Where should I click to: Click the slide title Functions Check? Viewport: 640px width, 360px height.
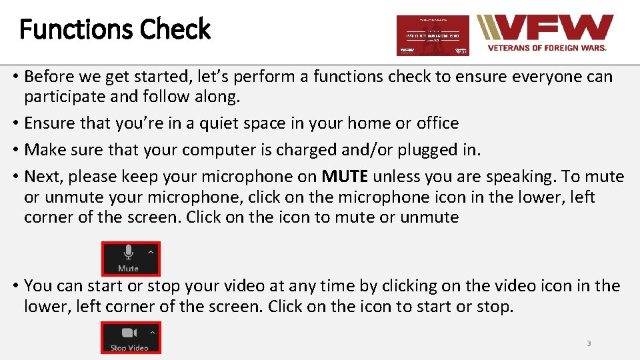[x=115, y=29]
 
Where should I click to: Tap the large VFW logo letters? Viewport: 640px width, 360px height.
[x=553, y=29]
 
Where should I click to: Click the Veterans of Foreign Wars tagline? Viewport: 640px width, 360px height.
[x=547, y=48]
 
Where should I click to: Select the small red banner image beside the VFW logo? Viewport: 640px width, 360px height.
[x=433, y=35]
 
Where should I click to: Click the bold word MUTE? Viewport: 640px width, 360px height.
[x=345, y=177]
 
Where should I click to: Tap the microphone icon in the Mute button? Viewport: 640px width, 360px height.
[x=128, y=253]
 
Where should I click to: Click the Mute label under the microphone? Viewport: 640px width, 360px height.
[x=128, y=268]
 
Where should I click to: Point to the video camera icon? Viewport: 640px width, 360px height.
[x=128, y=333]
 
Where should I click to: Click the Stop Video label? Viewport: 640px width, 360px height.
[x=129, y=347]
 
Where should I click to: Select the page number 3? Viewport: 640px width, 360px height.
[x=589, y=343]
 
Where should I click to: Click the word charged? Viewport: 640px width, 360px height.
[x=308, y=150]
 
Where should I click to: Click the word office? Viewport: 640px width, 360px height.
[x=437, y=123]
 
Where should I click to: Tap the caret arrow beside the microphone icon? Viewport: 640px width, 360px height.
[x=151, y=252]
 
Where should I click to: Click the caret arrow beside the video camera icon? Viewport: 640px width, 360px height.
[x=151, y=332]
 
